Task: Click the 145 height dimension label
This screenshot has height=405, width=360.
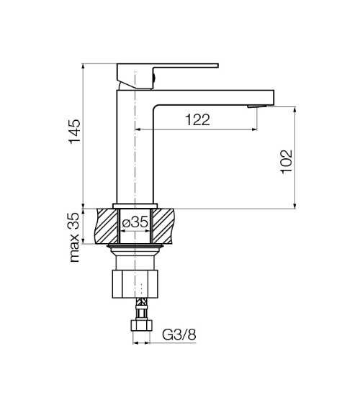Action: pyautogui.click(x=75, y=132)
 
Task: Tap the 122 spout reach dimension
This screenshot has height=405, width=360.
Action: pyautogui.click(x=198, y=119)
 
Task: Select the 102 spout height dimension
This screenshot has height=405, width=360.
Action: pyautogui.click(x=287, y=162)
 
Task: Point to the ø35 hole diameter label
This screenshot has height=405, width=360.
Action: pyautogui.click(x=135, y=222)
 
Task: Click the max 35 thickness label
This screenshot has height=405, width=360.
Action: pyautogui.click(x=75, y=237)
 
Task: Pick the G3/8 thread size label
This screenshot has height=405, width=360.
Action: pyautogui.click(x=179, y=335)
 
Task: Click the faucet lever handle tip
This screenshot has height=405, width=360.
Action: pyautogui.click(x=217, y=65)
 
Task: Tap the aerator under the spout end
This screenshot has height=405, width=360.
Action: pyautogui.click(x=257, y=106)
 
